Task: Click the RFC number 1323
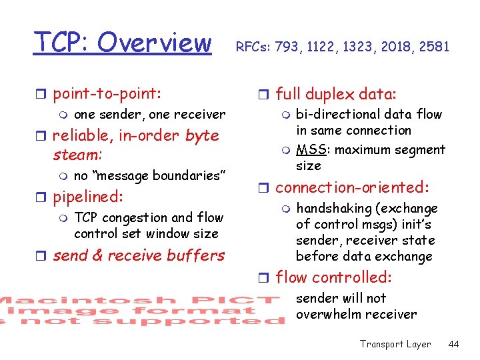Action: [x=360, y=47]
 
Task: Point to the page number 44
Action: [x=454, y=344]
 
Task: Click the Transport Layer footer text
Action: [x=395, y=344]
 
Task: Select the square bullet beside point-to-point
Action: [x=43, y=93]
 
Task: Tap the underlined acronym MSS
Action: [x=311, y=149]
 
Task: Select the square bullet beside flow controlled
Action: [x=265, y=277]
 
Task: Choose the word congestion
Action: [x=133, y=217]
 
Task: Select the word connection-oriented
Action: [x=351, y=187]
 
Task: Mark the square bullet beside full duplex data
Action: [x=265, y=94]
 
